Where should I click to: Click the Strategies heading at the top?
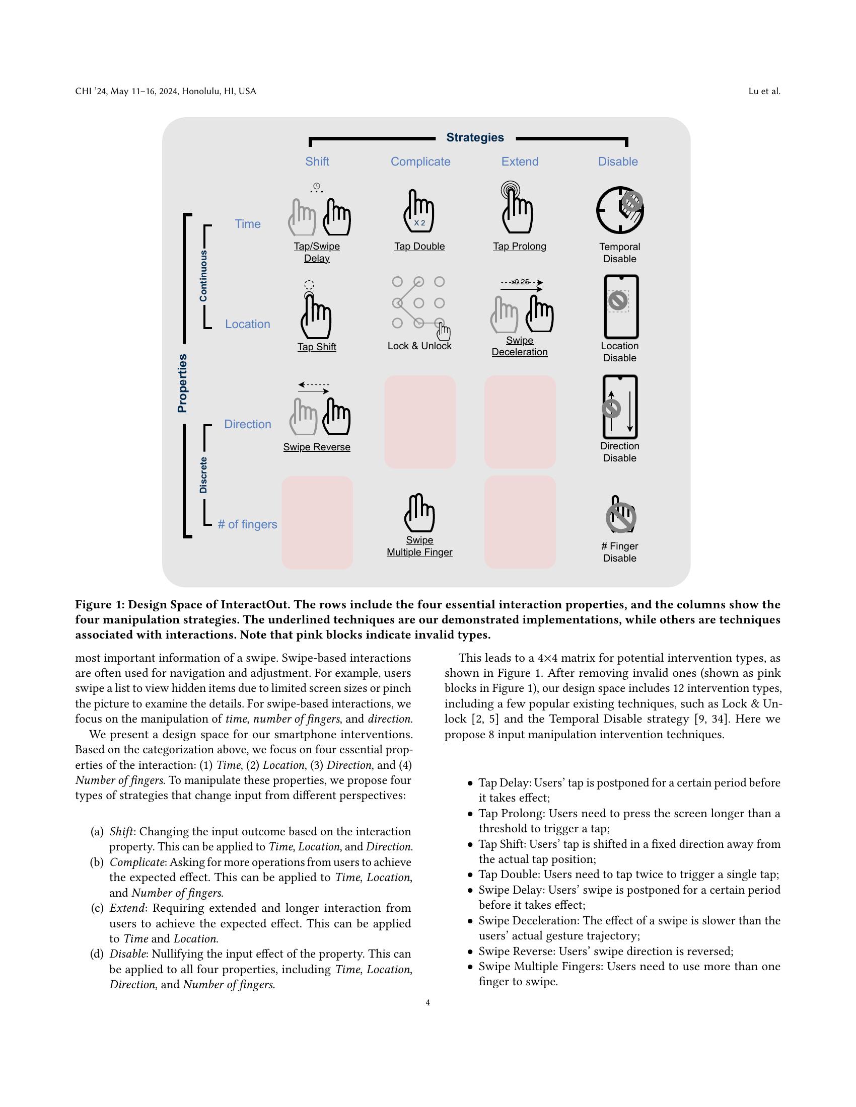pyautogui.click(x=475, y=137)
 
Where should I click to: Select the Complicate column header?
pyautogui.click(x=420, y=162)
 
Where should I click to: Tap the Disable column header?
pyautogui.click(x=618, y=162)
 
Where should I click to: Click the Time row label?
pyautogui.click(x=247, y=224)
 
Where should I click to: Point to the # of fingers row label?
pyautogui.click(x=247, y=524)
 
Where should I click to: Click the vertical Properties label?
pyautogui.click(x=183, y=383)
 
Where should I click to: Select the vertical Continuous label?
pyautogui.click(x=203, y=276)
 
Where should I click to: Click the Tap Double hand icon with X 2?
pyautogui.click(x=419, y=211)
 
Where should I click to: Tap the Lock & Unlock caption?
pyautogui.click(x=419, y=346)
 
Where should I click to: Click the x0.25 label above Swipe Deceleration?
pyautogui.click(x=520, y=282)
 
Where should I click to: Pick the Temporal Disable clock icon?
pyautogui.click(x=619, y=210)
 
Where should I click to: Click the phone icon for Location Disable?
pyautogui.click(x=621, y=306)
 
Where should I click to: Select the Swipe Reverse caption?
pyautogui.click(x=316, y=447)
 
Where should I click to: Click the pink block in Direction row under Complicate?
pyautogui.click(x=420, y=422)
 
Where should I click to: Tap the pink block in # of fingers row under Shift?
pyautogui.click(x=317, y=522)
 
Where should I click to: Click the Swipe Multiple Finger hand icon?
pyautogui.click(x=419, y=513)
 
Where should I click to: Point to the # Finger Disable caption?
pyautogui.click(x=619, y=552)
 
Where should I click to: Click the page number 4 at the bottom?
pyautogui.click(x=428, y=1002)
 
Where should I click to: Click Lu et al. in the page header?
pyautogui.click(x=764, y=91)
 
